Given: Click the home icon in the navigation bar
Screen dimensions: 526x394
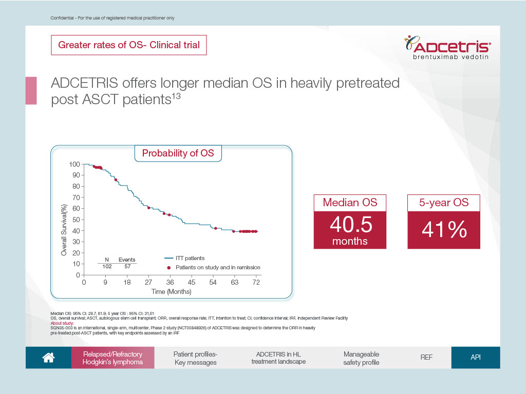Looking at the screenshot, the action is click(48, 358).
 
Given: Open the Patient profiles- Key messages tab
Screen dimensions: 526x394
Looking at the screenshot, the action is click(196, 358).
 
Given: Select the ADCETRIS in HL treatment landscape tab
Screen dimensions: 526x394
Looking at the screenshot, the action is click(278, 358).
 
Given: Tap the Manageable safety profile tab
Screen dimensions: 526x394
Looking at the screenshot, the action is click(361, 358).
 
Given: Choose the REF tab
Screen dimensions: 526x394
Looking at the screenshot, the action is click(426, 358).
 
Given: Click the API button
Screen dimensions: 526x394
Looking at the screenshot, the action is click(476, 358).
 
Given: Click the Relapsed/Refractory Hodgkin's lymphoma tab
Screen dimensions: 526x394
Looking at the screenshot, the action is click(112, 358).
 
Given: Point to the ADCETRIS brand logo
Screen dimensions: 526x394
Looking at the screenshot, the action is click(447, 47).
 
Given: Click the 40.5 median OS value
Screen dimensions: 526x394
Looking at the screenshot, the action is click(351, 224).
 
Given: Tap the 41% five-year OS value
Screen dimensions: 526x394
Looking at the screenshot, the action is click(444, 229).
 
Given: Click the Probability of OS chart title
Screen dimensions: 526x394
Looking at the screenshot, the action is click(178, 153).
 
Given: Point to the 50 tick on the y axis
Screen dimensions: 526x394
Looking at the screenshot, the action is click(76, 220).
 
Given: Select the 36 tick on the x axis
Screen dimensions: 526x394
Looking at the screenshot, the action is click(170, 282).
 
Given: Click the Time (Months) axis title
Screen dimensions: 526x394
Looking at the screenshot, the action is click(171, 291).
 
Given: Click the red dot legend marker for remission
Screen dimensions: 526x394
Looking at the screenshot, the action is click(168, 268).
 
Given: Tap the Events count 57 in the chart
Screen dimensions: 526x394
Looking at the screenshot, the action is click(127, 266).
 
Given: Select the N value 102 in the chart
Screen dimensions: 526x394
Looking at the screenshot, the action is click(107, 266).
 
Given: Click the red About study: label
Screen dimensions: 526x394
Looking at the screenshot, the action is click(62, 323).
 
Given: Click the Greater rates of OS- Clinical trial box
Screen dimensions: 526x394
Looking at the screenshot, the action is click(129, 45).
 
